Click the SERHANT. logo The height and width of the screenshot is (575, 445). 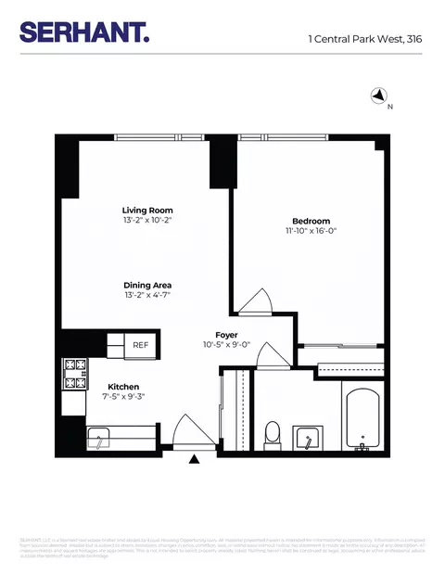coord(84,33)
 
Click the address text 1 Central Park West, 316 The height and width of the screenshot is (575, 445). coord(365,39)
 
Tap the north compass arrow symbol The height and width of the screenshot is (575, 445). coord(378,95)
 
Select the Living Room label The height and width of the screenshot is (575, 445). coord(148,211)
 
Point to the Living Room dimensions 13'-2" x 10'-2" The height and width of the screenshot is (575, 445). coord(148,223)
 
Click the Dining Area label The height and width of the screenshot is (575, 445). coord(148,286)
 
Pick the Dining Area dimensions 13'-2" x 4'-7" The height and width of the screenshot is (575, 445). coord(148,297)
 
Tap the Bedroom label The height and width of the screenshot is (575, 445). coord(311,221)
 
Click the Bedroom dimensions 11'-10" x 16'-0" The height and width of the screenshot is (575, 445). coord(311,233)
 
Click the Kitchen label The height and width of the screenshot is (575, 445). coord(123,387)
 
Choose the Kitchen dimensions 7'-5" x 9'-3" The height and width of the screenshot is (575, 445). coord(123,398)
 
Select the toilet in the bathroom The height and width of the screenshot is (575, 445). coord(273,432)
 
